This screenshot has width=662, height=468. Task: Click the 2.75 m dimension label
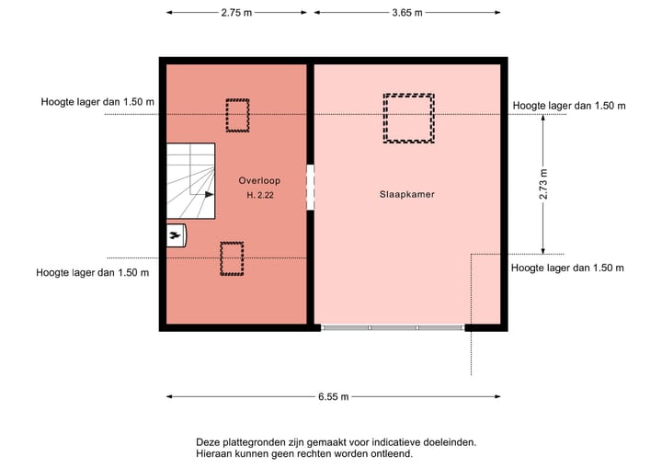pos(236,13)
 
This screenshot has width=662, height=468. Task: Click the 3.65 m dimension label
pos(406,13)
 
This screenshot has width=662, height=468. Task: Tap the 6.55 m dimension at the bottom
pos(333,397)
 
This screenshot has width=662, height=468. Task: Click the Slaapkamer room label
pos(406,195)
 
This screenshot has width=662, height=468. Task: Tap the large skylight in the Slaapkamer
pos(408,118)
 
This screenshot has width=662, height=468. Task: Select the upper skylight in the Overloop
pos(237,115)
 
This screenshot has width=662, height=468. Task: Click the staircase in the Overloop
pos(189,181)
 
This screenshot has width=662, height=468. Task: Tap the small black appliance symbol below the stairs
pos(176,236)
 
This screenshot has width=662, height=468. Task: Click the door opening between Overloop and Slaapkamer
pos(311,187)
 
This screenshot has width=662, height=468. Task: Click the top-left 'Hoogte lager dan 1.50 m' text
pos(97,103)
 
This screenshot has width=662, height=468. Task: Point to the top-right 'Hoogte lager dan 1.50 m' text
pos(568,106)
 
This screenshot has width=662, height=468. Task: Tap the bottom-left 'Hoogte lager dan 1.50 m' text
pos(92,272)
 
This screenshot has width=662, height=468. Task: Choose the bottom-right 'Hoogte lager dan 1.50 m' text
pos(567,268)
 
